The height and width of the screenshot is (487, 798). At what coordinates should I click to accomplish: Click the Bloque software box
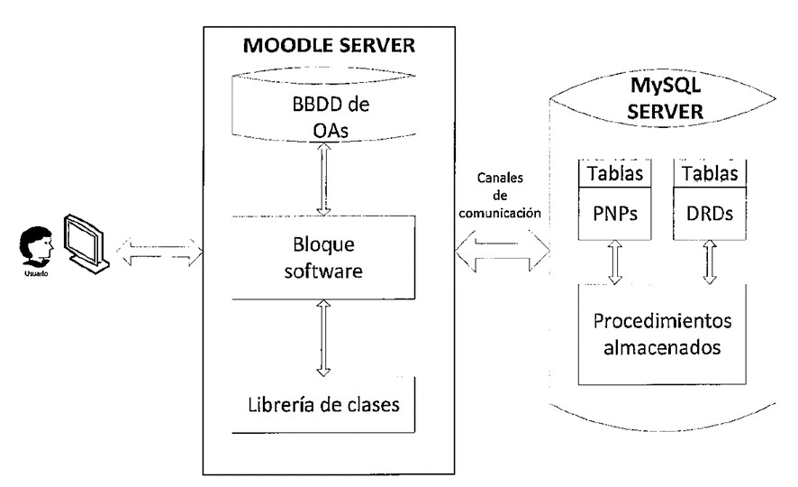[322, 256]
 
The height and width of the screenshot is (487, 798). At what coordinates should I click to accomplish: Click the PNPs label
[612, 216]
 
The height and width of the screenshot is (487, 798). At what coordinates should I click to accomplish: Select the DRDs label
[711, 216]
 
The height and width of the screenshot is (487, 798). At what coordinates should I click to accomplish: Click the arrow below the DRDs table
[711, 262]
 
